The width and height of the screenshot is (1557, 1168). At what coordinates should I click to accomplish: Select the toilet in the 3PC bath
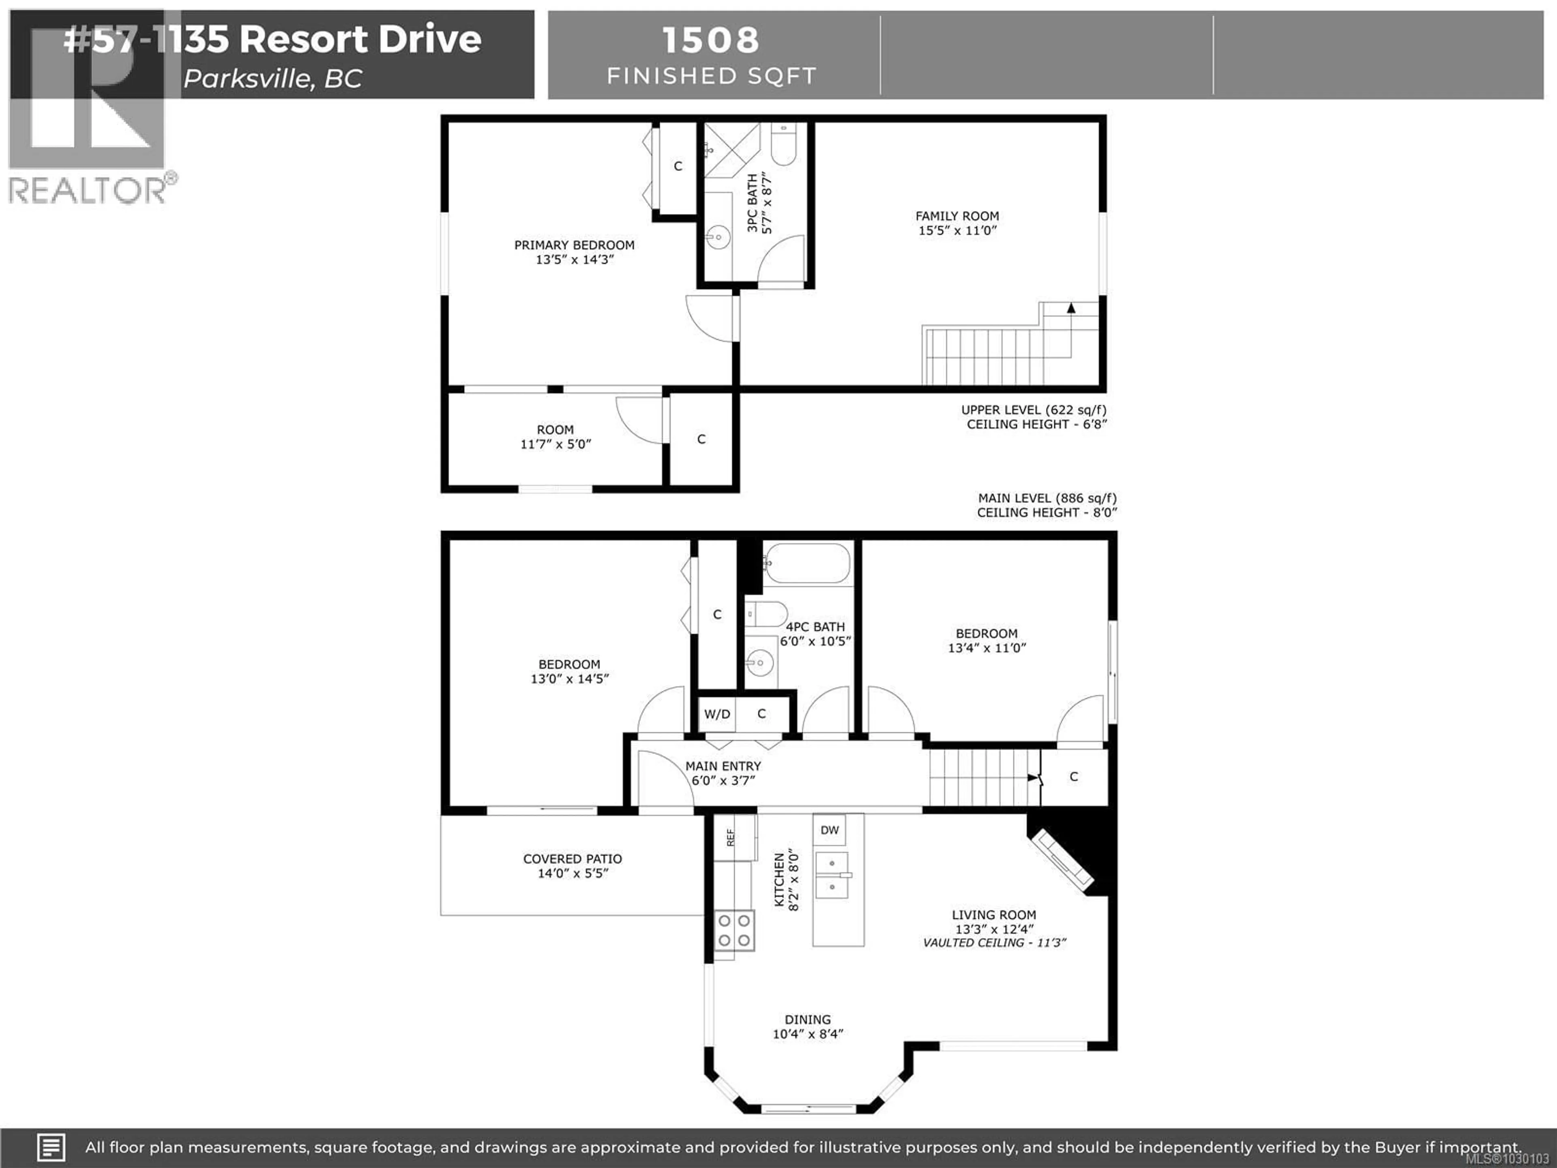click(x=783, y=146)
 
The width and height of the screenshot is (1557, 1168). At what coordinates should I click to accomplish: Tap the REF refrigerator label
click(x=731, y=837)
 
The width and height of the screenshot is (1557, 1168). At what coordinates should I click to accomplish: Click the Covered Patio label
click(x=572, y=865)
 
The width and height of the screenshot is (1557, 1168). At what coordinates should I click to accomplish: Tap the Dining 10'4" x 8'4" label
click(x=807, y=1026)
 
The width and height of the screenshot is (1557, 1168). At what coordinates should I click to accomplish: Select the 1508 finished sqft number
click(x=711, y=40)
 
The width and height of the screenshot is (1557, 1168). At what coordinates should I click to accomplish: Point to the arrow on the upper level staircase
click(x=1070, y=308)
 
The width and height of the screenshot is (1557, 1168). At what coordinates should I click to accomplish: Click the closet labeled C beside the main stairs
click(x=1073, y=777)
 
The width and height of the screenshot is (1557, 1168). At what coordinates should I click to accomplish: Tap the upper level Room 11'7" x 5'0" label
click(x=555, y=436)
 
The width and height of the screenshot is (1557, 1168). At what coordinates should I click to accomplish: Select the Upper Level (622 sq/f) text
click(x=1033, y=410)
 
